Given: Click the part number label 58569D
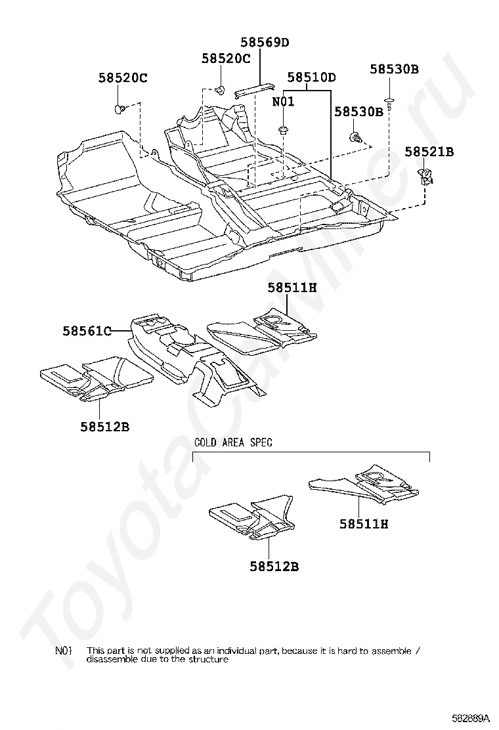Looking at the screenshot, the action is (264, 43).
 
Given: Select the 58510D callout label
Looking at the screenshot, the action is (311, 77).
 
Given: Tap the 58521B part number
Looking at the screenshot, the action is (429, 152).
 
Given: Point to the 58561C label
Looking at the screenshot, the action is (87, 331).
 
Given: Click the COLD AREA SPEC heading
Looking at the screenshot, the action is (233, 442).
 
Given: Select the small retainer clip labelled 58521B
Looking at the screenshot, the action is (425, 176).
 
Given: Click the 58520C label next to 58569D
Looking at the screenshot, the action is (226, 58).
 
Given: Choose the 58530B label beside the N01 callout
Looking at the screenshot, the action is (358, 112).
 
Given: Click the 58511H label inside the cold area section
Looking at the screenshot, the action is (364, 524).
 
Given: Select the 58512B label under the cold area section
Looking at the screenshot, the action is (274, 566).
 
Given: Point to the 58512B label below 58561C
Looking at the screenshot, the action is (105, 427).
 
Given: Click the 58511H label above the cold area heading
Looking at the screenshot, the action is (292, 287).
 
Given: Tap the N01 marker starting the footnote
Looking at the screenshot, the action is (64, 651).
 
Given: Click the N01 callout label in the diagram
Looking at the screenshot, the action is (284, 102).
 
